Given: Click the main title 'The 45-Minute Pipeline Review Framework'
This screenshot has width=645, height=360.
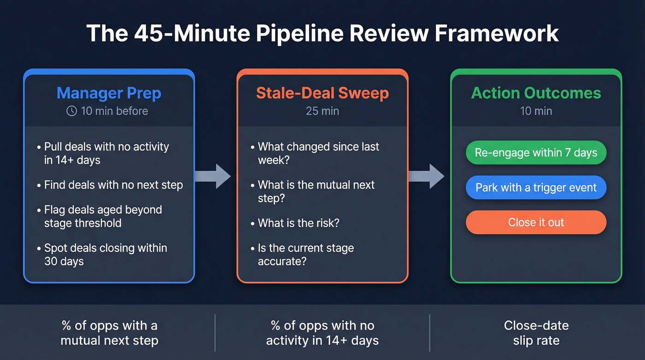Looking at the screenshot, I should pyautogui.click(x=322, y=34).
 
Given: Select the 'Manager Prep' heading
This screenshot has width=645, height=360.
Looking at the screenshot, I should pyautogui.click(x=109, y=93).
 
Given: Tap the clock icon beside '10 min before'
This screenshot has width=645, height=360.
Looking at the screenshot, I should pyautogui.click(x=71, y=111).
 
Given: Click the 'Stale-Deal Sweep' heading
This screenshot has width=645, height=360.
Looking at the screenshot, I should pyautogui.click(x=322, y=93).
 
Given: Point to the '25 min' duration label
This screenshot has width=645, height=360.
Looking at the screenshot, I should pyautogui.click(x=322, y=111).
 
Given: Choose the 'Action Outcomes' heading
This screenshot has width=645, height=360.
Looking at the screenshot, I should pyautogui.click(x=536, y=93).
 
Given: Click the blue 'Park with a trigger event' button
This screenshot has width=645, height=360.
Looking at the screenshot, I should pyautogui.click(x=536, y=188).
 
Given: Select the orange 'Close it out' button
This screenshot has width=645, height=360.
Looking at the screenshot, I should pyautogui.click(x=536, y=222).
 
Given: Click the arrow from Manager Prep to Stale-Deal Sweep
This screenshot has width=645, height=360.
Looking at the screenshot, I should pyautogui.click(x=212, y=176).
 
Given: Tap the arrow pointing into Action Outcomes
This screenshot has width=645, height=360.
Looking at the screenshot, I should pyautogui.click(x=426, y=176).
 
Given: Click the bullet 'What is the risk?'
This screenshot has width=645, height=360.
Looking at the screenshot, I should pyautogui.click(x=298, y=223).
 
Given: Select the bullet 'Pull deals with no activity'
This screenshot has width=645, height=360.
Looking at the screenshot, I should pyautogui.click(x=106, y=153).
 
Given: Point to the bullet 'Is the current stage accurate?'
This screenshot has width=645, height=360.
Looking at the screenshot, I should pyautogui.click(x=305, y=254).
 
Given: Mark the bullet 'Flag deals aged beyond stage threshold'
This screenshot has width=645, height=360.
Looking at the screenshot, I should pyautogui.click(x=103, y=216).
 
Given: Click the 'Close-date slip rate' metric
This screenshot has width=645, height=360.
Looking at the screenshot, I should pyautogui.click(x=536, y=333).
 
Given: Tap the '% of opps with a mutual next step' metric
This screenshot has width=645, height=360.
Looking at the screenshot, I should pyautogui.click(x=110, y=333).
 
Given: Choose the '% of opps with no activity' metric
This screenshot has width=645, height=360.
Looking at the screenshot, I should pyautogui.click(x=322, y=333).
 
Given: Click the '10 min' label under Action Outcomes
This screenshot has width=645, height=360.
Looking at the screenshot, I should pyautogui.click(x=536, y=111).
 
